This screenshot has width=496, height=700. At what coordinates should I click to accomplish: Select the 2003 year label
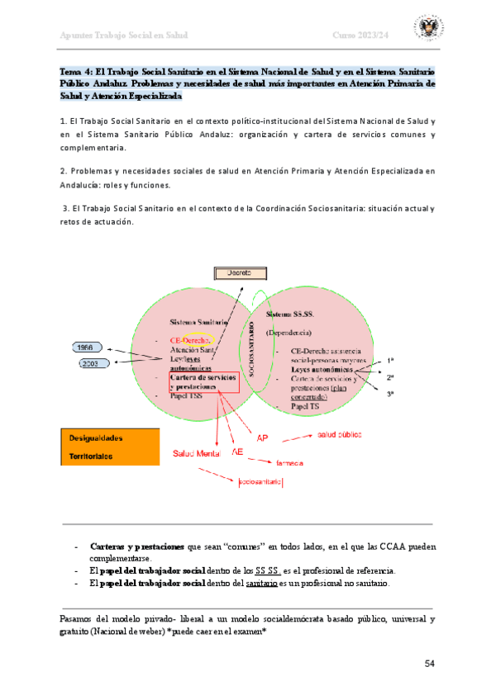coord(93,363)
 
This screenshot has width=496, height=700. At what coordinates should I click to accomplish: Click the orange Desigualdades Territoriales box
coord(110,447)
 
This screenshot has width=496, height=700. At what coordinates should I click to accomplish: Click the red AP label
coord(263,437)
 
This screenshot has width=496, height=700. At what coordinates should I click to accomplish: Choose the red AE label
coord(238,452)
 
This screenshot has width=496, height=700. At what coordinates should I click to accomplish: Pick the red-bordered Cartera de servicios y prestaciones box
coord(203,381)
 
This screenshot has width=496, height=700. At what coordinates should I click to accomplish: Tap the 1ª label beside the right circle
coord(390,361)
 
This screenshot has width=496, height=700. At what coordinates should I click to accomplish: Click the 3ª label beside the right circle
coord(390,394)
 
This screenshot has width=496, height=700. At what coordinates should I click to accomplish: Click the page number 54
coord(429,664)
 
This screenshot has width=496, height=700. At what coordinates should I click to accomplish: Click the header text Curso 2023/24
coord(360,35)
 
